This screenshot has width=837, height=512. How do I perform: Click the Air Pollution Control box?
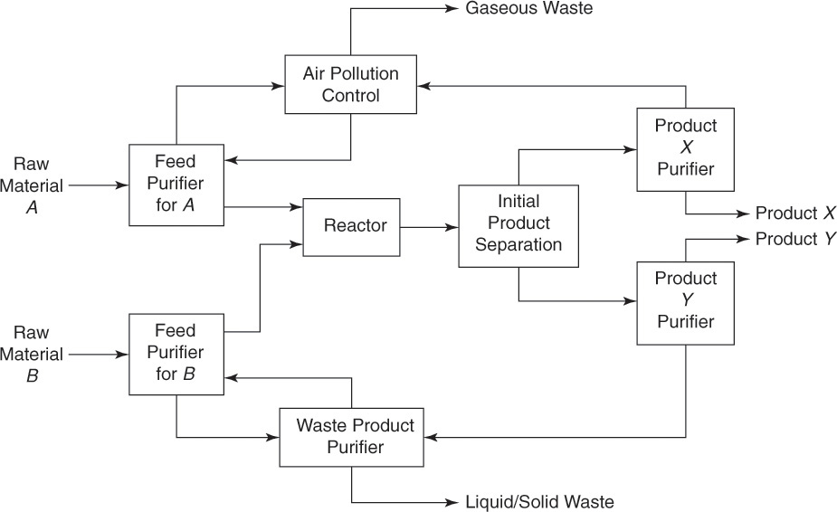click(350, 84)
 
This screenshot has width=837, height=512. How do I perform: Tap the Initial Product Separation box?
click(518, 225)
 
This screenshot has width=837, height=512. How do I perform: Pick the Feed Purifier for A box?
click(176, 185)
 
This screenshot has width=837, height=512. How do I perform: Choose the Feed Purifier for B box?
click(176, 354)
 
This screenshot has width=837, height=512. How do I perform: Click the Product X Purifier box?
click(685, 149)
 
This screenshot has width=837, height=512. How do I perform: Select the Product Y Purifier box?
click(685, 302)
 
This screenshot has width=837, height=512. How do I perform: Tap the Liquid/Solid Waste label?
click(539, 501)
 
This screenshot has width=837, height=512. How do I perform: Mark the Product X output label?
click(795, 213)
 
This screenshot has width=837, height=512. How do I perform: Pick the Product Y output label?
click(795, 239)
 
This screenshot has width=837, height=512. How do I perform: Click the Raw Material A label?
click(32, 185)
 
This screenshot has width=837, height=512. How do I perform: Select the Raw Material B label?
click(32, 355)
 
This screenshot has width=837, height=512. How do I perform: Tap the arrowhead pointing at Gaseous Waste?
click(452, 9)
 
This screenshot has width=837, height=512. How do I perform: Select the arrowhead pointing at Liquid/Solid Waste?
click(452, 501)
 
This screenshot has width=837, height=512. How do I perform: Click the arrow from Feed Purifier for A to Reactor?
click(262, 207)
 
